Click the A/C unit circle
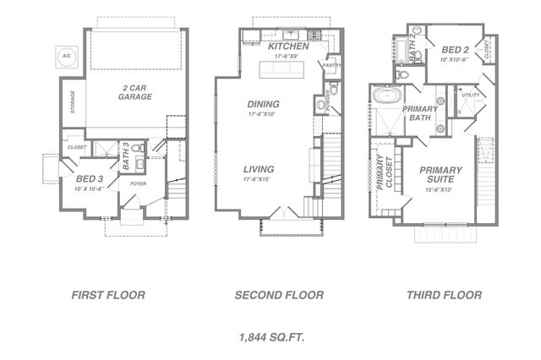click(66, 57)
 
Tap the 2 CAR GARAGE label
click(134, 91)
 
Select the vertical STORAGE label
click(73, 101)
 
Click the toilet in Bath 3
click(139, 149)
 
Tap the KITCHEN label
click(288, 46)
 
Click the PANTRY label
click(331, 65)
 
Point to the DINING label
click(263, 104)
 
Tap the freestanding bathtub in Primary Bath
click(390, 95)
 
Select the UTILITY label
click(470, 95)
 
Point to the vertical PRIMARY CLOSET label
click(385, 172)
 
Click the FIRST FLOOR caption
click(107, 295)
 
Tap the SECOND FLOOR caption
click(279, 295)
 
